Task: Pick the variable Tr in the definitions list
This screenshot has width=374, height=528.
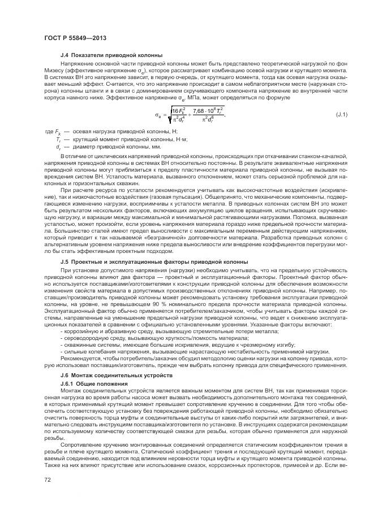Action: point(58,138)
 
